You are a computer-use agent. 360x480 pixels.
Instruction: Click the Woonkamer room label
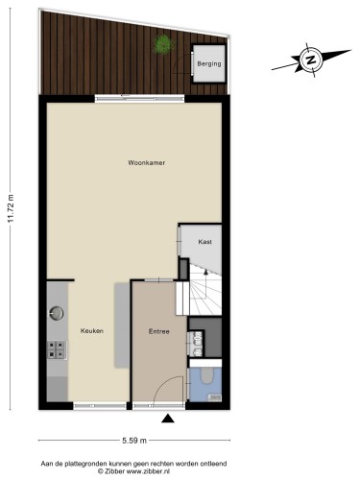pos(147,162)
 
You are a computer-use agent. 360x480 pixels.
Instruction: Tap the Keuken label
pos(92,331)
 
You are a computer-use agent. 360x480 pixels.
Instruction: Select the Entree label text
pos(159,331)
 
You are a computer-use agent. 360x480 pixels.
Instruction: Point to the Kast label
pos(204,242)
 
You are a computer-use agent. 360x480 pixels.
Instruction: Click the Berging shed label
pos(209,63)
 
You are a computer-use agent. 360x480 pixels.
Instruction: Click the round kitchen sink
pos(57,313)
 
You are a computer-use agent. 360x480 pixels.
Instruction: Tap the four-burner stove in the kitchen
pos(57,349)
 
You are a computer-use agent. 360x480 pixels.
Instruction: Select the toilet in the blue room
pos(207,374)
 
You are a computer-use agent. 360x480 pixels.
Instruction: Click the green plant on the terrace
pos(163,44)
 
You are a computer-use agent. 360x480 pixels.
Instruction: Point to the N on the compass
pos(310,60)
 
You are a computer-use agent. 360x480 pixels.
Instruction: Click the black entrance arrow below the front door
pos(168,419)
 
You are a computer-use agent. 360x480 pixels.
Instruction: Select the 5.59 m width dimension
pos(134,441)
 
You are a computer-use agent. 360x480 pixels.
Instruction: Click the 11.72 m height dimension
pos(11,208)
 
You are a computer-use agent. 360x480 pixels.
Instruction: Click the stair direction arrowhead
pos(205,272)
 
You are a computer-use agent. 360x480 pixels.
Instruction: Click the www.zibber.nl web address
pos(148,471)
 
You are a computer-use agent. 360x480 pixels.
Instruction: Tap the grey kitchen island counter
pos(122,325)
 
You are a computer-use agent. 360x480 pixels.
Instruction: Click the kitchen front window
pos(100,406)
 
